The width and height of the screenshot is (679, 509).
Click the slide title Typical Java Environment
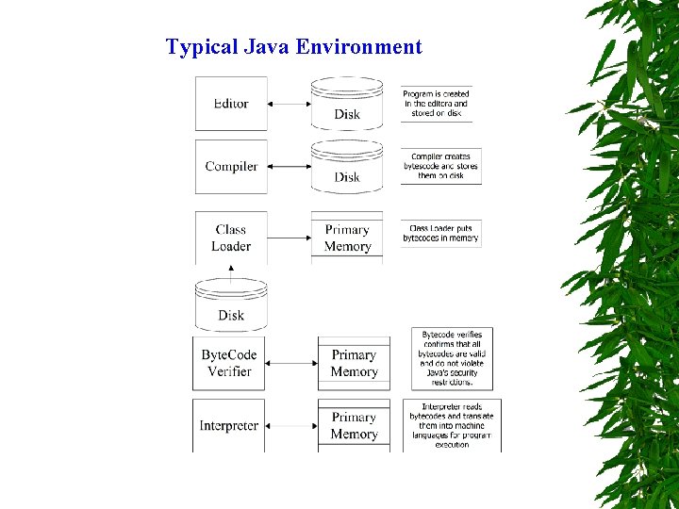click(x=293, y=47)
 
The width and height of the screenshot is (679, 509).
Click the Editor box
click(x=231, y=104)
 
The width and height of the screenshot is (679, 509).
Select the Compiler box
click(x=231, y=167)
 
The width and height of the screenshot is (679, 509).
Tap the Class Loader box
click(x=231, y=238)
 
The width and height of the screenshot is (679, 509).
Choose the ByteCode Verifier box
click(x=229, y=363)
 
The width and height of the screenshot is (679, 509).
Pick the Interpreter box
click(x=229, y=425)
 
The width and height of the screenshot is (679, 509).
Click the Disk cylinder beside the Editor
click(x=347, y=103)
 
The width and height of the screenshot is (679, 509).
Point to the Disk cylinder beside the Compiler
click(x=347, y=165)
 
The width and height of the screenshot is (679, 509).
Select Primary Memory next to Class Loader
click(x=347, y=238)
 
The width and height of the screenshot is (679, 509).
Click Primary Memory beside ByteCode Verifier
click(x=354, y=363)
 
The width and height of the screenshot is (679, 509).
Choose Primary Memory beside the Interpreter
click(x=354, y=425)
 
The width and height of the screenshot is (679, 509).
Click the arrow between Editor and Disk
click(x=290, y=104)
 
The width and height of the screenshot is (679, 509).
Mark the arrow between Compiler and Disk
click(x=290, y=167)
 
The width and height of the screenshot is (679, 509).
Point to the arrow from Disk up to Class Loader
click(x=231, y=271)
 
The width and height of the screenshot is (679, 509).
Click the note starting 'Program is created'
click(x=436, y=104)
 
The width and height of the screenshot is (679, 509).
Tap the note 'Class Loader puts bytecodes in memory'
click(x=440, y=233)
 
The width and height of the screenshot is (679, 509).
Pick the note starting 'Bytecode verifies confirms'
click(x=452, y=358)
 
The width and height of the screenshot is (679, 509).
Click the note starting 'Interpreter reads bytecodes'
click(x=452, y=425)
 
